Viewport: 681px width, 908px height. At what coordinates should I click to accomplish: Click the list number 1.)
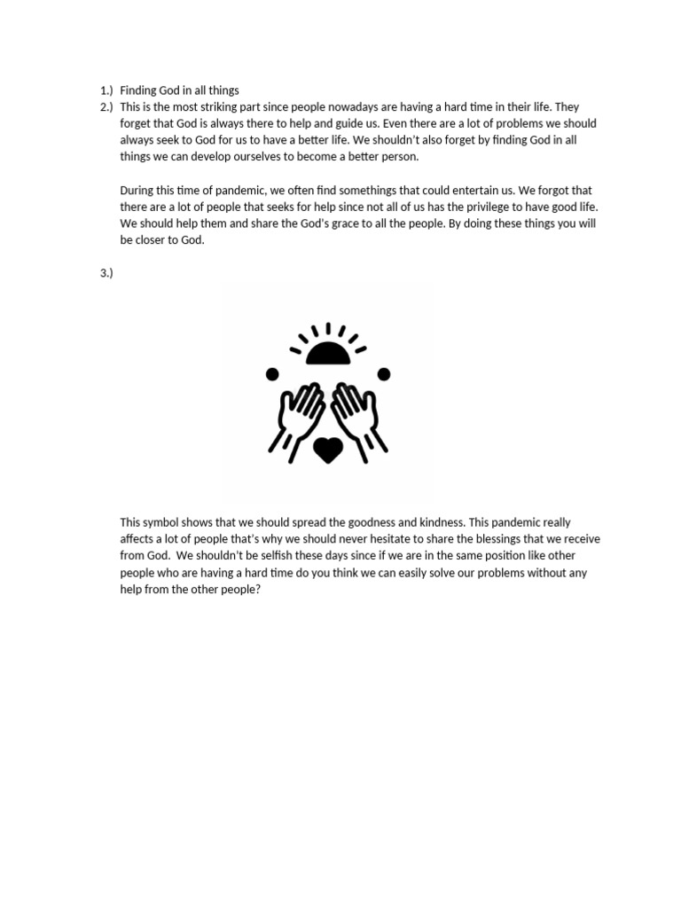[106, 90]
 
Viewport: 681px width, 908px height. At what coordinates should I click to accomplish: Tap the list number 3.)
[106, 272]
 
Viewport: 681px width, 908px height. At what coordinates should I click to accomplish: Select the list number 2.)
[106, 107]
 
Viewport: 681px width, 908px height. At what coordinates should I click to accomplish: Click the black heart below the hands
[328, 449]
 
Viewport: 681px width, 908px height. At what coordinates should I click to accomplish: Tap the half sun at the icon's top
[328, 353]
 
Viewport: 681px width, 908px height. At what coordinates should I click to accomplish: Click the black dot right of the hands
[384, 374]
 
